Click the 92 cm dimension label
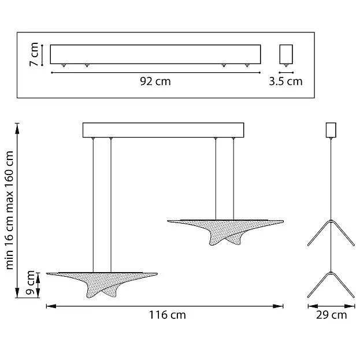coord(155,81)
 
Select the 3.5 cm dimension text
coord(285,81)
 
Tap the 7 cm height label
coord(34,54)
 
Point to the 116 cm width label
coord(168,315)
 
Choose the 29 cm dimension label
coord(331,315)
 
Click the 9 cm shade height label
coord(30,283)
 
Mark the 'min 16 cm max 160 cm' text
coord(9,210)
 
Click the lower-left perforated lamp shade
coord(102,284)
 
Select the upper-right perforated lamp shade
coord(225,232)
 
